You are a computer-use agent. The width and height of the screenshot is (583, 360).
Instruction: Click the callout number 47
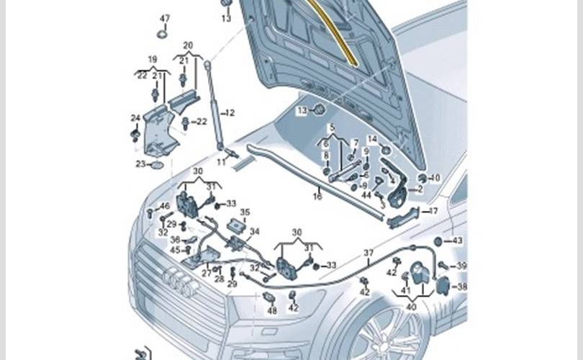point(165,18)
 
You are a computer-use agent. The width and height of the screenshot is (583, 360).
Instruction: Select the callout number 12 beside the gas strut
point(230,113)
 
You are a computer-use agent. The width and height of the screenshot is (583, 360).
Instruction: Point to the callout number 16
point(317,195)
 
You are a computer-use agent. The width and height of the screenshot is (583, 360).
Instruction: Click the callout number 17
point(433,211)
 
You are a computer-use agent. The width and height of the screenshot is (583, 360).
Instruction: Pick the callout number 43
point(457,240)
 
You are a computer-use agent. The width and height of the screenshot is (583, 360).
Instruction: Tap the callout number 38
point(462,286)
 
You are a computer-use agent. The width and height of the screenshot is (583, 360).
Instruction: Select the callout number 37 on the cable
point(368,253)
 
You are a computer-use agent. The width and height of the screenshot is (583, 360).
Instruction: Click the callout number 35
point(245,212)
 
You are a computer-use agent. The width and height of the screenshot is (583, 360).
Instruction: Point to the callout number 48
point(271,310)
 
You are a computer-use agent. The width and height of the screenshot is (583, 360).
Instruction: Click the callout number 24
point(135,118)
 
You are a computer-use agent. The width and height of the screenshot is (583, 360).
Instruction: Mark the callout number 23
point(140,164)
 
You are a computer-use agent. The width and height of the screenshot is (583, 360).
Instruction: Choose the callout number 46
point(165,207)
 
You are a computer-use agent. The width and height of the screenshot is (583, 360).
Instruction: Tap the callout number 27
point(206,274)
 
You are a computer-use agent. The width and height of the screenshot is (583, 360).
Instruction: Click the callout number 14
point(372,139)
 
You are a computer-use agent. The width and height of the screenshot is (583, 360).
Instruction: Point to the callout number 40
point(410,306)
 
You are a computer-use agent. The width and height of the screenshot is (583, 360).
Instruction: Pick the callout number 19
point(152,58)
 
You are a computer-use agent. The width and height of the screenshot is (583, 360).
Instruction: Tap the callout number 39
point(462,266)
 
